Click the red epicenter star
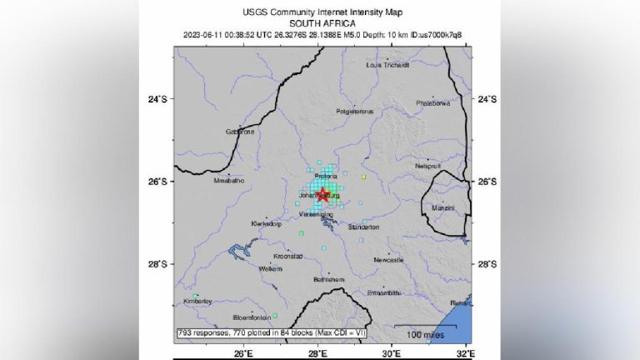point(322,195)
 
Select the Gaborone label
point(240,132)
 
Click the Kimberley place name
point(198,301)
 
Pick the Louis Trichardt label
point(388,64)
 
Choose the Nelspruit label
point(427,166)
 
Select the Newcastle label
point(388,260)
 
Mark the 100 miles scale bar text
point(423,335)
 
